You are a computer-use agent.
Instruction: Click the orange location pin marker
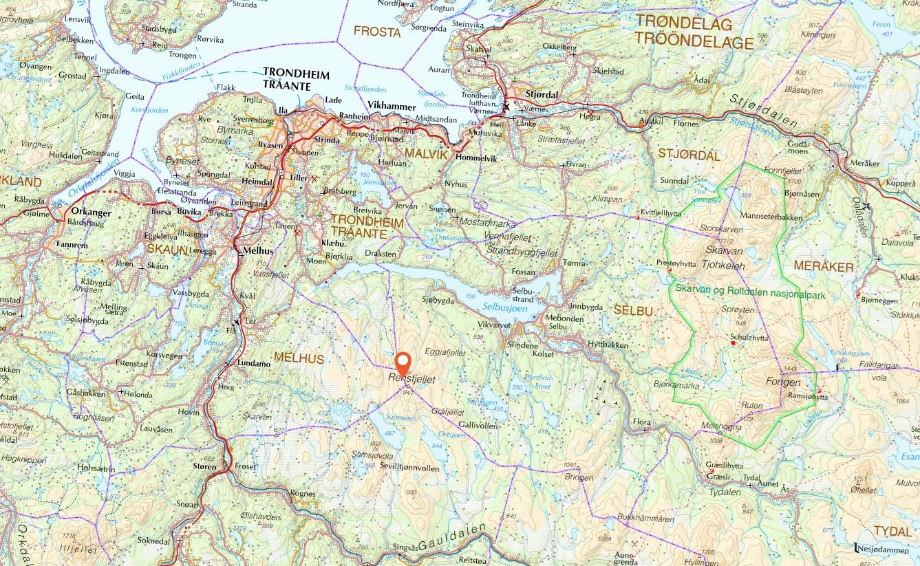point(403,362)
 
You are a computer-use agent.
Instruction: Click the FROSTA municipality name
point(376,32)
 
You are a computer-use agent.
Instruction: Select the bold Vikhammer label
point(392,107)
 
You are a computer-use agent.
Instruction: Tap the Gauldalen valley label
point(455,537)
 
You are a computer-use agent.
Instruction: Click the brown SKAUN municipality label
point(167,249)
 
